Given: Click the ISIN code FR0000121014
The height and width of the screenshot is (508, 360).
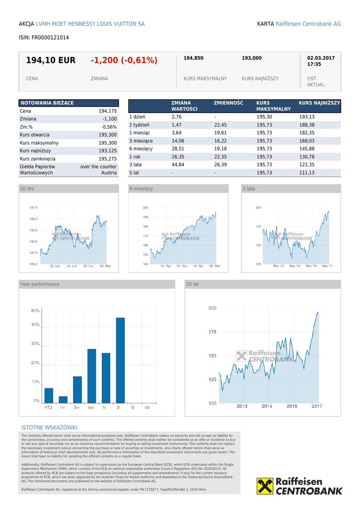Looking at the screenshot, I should [44, 38].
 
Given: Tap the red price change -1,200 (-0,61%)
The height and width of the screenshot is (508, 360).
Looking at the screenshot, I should [124, 61].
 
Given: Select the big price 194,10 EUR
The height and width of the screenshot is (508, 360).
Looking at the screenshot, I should [51, 61].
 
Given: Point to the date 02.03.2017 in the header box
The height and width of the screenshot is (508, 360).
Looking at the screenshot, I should [321, 58].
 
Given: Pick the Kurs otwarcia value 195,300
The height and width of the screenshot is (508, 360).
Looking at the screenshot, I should [107, 135].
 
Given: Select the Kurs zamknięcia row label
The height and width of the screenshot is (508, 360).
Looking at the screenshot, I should [37, 159].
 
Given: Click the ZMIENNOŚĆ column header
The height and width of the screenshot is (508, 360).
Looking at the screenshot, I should [228, 103].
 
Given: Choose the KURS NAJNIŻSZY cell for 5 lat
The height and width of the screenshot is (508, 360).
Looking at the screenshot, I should [306, 173].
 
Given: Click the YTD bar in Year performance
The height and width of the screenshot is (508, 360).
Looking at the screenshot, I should [49, 395].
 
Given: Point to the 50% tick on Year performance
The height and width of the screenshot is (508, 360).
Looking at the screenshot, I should [35, 311].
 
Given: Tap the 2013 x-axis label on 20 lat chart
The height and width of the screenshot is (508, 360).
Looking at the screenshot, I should [242, 406].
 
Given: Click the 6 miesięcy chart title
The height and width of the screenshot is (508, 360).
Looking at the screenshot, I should [142, 189].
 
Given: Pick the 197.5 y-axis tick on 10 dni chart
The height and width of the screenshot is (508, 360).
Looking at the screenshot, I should [33, 208].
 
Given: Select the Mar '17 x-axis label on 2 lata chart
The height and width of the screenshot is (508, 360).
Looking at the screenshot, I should [327, 266].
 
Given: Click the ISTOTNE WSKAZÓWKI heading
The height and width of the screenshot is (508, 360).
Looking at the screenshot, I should [49, 428].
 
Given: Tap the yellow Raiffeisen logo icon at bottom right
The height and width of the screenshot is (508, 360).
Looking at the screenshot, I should [265, 486].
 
